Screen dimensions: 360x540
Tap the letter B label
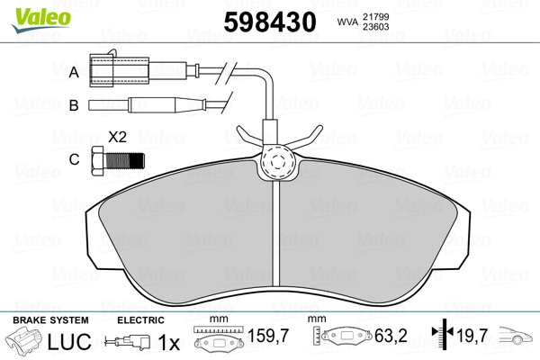(x=75, y=105)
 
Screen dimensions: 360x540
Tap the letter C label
(x=75, y=161)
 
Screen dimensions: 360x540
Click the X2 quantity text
(x=116, y=138)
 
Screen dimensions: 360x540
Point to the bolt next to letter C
(x=118, y=162)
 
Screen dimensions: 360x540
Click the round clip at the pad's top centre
(x=276, y=165)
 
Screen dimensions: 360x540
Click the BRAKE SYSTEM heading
(x=50, y=320)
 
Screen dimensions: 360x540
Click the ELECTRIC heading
(x=139, y=320)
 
